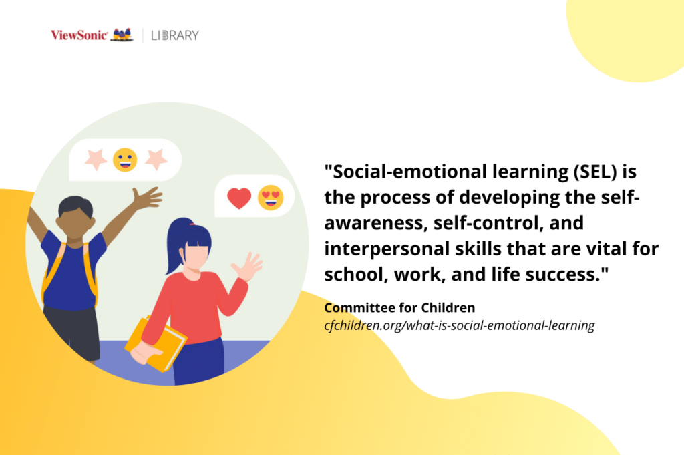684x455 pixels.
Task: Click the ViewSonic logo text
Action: tap(79, 35)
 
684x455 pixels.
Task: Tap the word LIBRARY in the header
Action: tap(176, 35)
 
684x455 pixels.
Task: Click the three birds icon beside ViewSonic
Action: tap(122, 35)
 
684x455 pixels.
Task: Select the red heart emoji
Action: tap(239, 198)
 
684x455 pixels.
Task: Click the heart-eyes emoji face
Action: tap(271, 198)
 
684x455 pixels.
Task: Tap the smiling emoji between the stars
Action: tap(125, 160)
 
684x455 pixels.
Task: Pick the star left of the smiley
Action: tap(95, 160)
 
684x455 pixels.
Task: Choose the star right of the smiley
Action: tap(156, 159)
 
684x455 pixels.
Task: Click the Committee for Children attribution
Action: tap(399, 308)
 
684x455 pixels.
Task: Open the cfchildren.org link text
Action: tap(459, 326)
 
